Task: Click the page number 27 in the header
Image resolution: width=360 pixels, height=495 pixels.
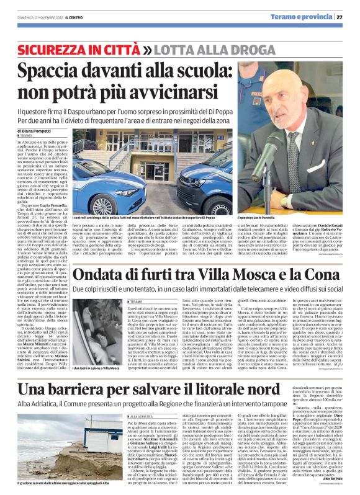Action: click(x=348, y=17)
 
